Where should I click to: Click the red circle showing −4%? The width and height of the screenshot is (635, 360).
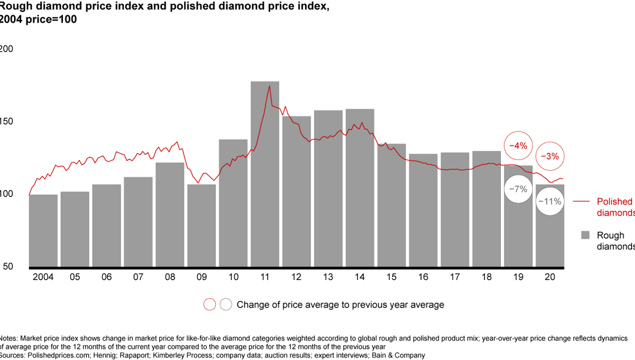(x=518, y=145)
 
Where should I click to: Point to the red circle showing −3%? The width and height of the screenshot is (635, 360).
(x=552, y=156)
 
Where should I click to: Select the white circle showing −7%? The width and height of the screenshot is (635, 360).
(x=518, y=189)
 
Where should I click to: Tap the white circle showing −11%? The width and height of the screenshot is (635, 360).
(x=550, y=202)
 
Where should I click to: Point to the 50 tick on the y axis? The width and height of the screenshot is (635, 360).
(x=7, y=266)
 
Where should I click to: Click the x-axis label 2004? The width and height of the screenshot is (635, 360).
(x=43, y=277)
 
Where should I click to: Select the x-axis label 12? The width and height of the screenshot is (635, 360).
(x=296, y=277)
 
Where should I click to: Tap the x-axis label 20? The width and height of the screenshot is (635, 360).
(x=550, y=277)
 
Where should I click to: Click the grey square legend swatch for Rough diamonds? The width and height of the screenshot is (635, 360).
(x=585, y=235)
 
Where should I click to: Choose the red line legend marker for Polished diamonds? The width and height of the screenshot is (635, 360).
(x=581, y=202)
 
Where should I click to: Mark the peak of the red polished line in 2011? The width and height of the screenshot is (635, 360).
(x=269, y=86)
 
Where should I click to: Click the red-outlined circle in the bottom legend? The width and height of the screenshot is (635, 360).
(x=209, y=305)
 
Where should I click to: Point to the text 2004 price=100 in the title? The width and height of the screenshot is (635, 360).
(x=38, y=19)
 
